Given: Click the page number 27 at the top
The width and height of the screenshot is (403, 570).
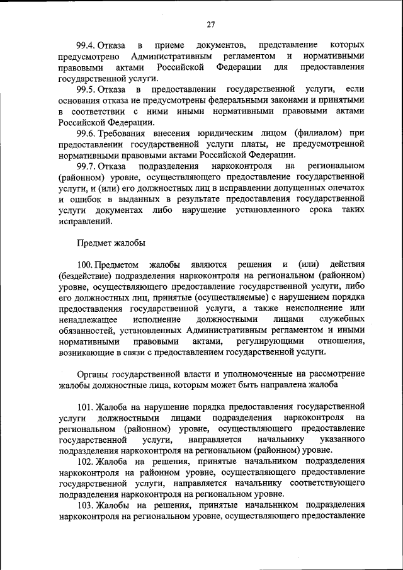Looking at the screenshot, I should [x=210, y=25].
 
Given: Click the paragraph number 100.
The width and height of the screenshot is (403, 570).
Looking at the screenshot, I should [x=85, y=265].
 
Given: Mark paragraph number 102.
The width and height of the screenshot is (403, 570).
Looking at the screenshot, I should [x=86, y=462].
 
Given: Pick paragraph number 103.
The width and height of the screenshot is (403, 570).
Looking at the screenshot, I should [x=86, y=505].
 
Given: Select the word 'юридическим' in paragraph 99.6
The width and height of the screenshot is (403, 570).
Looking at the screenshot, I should [x=233, y=134].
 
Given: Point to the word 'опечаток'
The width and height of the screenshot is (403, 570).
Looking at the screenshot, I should [x=343, y=188].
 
